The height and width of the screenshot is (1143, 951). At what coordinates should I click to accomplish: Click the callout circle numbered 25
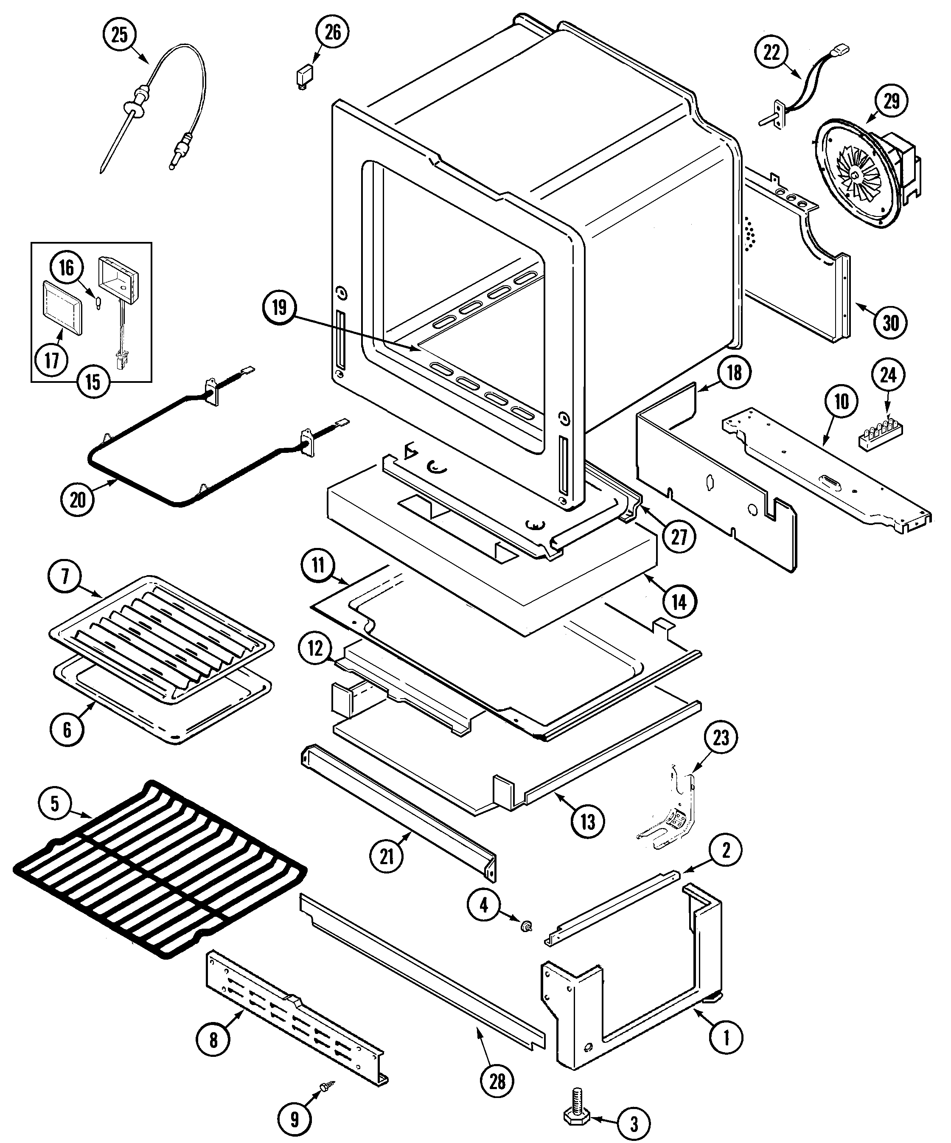(119, 35)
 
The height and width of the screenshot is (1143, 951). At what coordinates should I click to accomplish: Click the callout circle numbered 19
(279, 308)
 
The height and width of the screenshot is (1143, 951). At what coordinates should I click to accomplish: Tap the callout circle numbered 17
(52, 360)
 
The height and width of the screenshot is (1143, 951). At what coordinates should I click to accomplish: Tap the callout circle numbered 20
(78, 499)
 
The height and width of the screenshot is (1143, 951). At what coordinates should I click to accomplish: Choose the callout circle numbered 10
(841, 402)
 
